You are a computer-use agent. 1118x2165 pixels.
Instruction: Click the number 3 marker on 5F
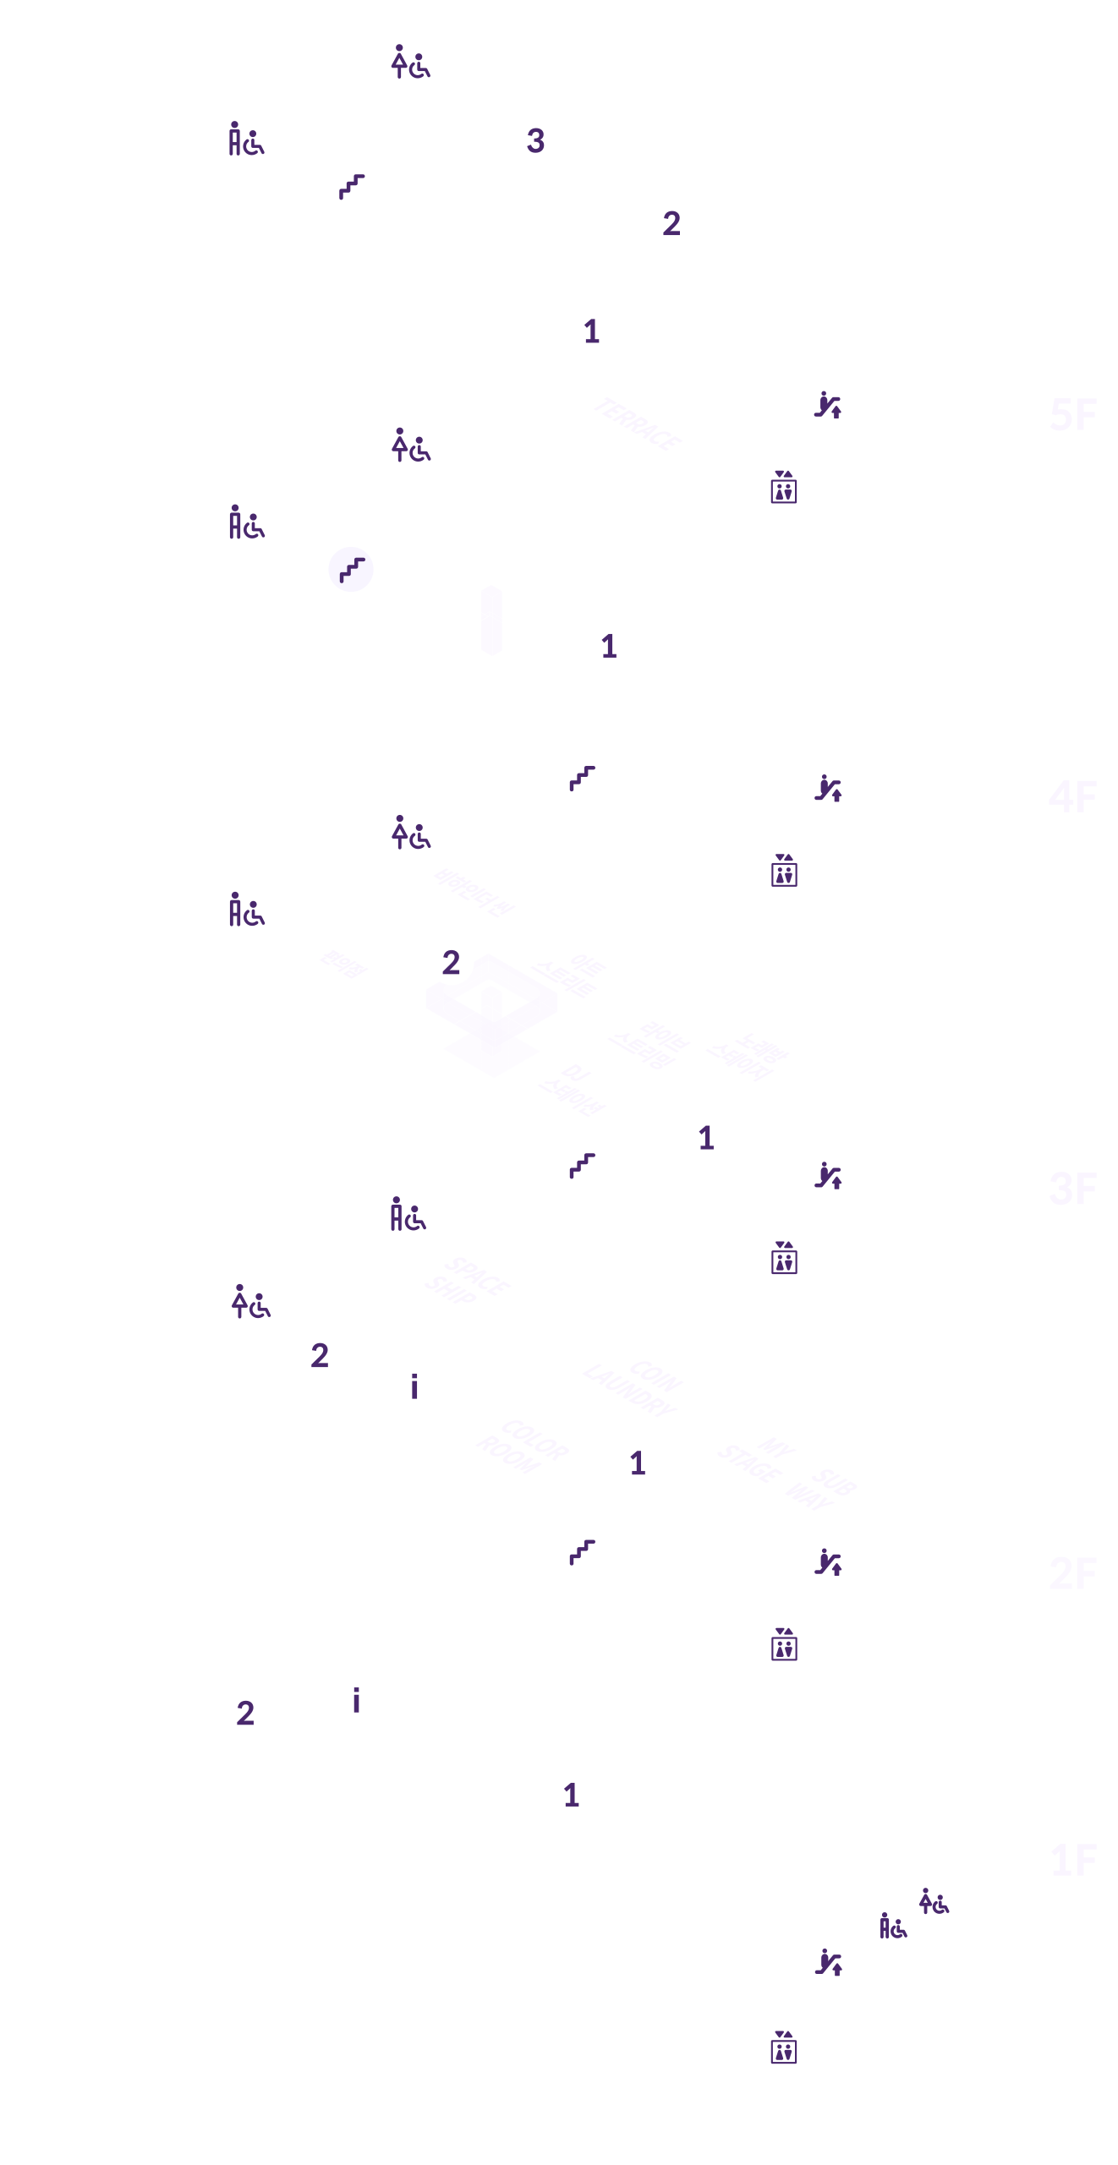click(536, 140)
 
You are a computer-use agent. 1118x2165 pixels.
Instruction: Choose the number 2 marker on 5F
click(671, 224)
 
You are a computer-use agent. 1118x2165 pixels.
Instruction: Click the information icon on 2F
click(414, 1386)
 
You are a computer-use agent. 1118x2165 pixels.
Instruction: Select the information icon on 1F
click(356, 1699)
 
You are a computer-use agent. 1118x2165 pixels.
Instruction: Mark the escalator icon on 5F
click(827, 404)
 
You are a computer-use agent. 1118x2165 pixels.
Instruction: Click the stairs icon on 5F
click(351, 185)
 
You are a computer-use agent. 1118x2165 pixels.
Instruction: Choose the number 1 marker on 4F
click(609, 647)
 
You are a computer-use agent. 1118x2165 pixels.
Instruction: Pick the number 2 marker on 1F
click(245, 1714)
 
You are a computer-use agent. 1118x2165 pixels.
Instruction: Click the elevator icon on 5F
click(783, 488)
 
